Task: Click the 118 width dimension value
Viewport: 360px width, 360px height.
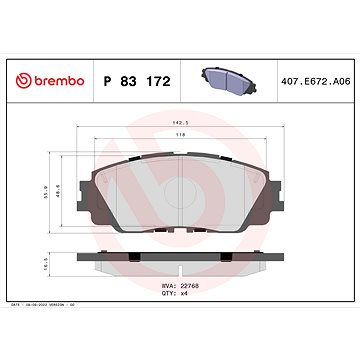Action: point(180,133)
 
